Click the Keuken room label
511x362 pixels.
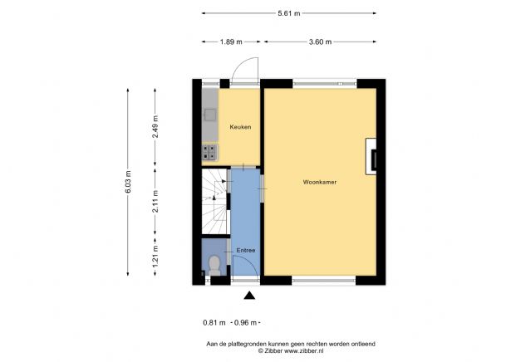[240, 127]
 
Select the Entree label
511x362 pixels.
[245, 250]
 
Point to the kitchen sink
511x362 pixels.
[210, 115]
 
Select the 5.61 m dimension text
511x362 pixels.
[288, 13]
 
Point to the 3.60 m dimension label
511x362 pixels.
[320, 42]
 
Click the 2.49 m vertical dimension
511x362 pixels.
[156, 125]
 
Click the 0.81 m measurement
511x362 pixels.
[214, 323]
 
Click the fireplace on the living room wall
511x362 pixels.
[376, 157]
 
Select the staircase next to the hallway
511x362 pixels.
[215, 203]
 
